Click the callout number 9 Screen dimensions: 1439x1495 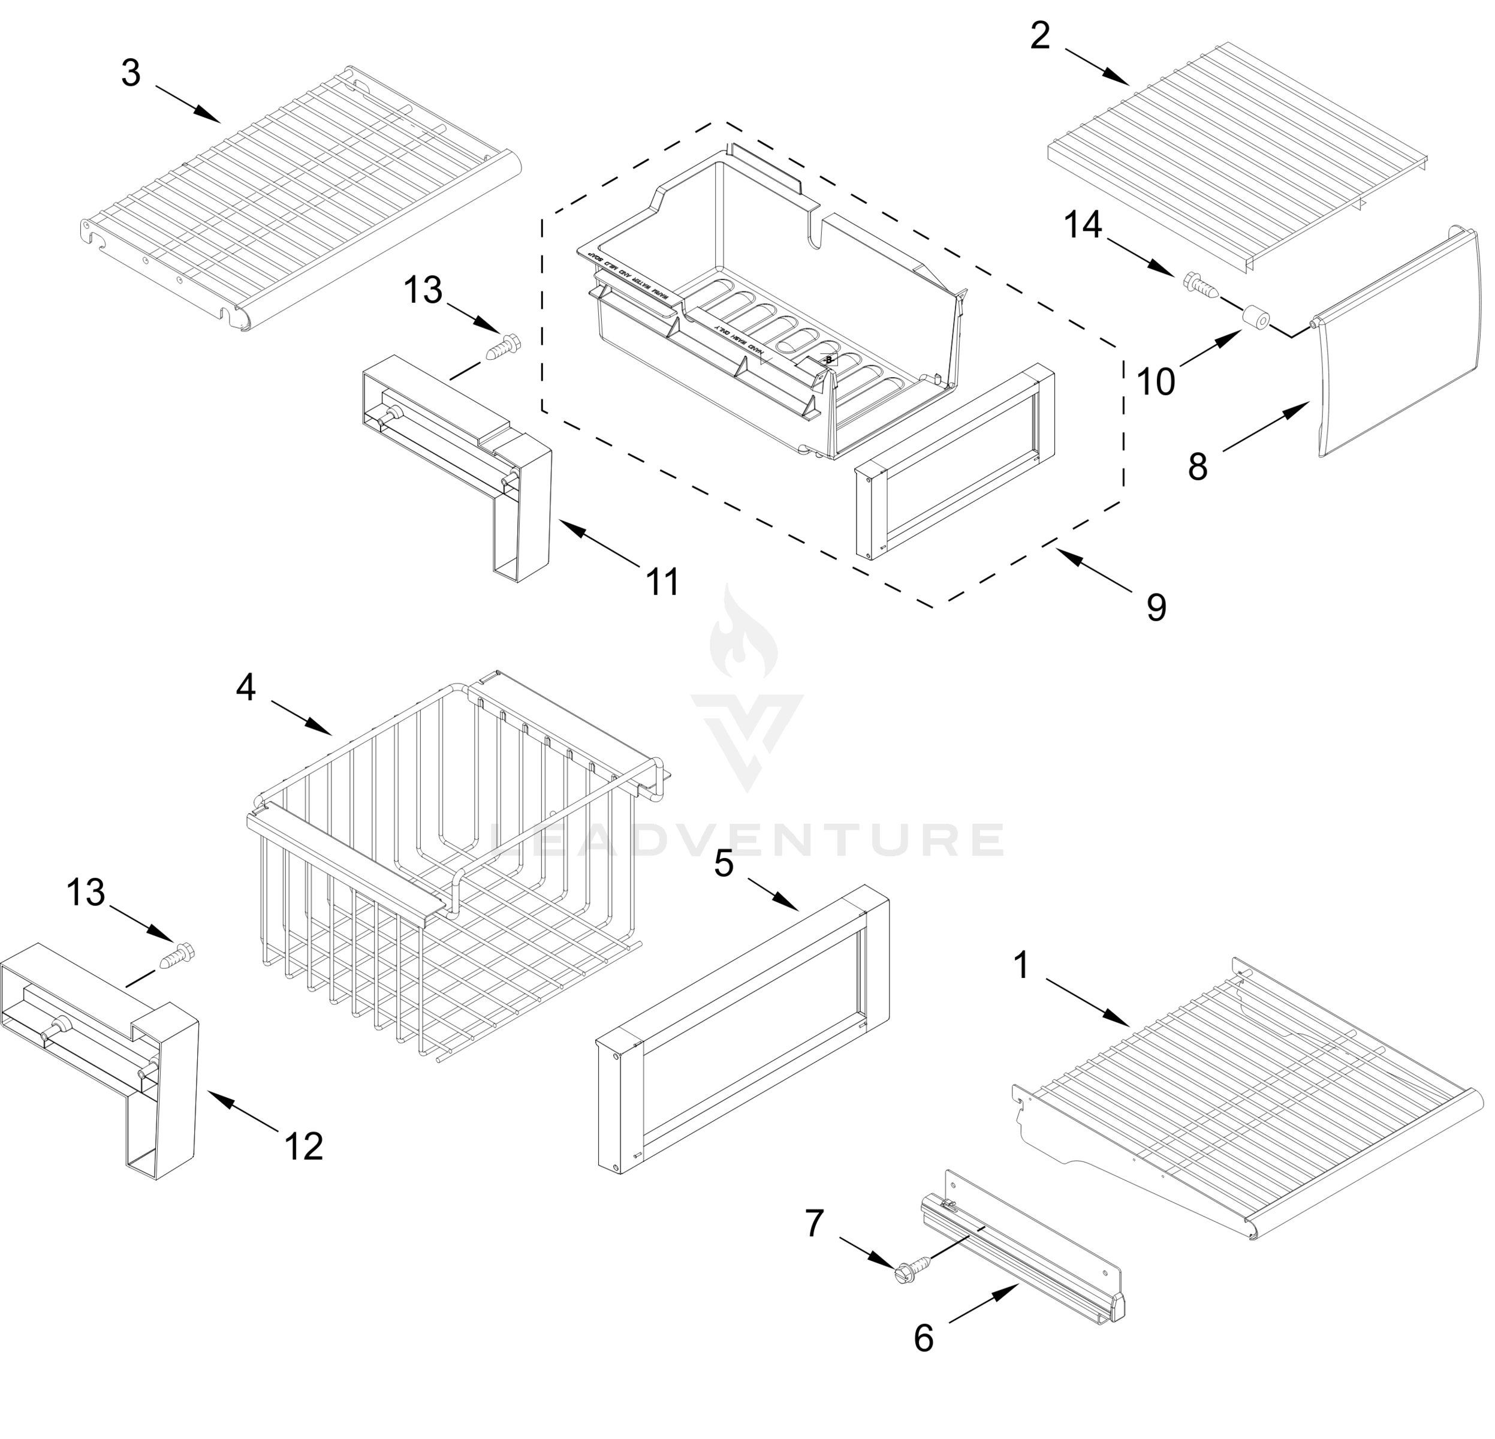[1156, 608]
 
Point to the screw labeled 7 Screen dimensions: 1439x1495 [912, 1268]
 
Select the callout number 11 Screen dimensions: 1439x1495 [662, 583]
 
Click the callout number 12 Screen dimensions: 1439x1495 [303, 1146]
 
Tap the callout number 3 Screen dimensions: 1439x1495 [131, 73]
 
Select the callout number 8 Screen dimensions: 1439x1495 [1198, 467]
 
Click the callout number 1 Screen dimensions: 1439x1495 [1021, 966]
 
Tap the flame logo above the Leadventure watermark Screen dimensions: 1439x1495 [744, 633]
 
